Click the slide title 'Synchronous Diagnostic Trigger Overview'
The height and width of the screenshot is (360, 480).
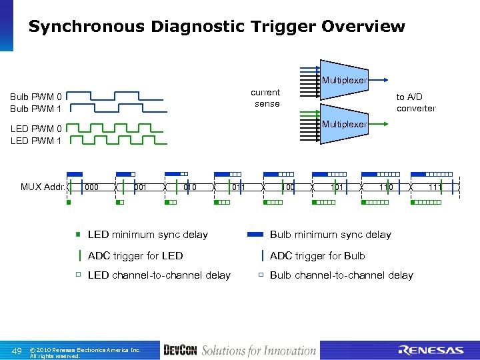pos(217,27)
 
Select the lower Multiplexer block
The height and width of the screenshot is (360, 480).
pos(344,124)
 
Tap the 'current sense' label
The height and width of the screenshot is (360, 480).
pos(267,97)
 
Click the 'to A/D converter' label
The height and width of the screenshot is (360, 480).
pos(415,103)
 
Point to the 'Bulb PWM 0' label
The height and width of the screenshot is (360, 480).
pos(36,97)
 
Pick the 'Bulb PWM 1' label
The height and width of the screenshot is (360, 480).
pos(36,108)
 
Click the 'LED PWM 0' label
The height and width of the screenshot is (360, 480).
pos(36,129)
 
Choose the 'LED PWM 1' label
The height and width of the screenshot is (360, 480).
pos(36,141)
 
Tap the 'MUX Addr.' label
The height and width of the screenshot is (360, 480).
pos(43,187)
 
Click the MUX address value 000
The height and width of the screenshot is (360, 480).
pos(92,187)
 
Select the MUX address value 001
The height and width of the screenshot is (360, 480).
pos(140,187)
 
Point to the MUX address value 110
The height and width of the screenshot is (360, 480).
pos(385,187)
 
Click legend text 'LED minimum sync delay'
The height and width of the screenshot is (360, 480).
pos(148,235)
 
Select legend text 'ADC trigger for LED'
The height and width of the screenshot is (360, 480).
pos(135,255)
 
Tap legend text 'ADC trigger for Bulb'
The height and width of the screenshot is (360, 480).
pos(317,255)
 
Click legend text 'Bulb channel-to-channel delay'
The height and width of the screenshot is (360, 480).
pos(341,275)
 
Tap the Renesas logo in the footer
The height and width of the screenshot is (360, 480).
pos(431,350)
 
